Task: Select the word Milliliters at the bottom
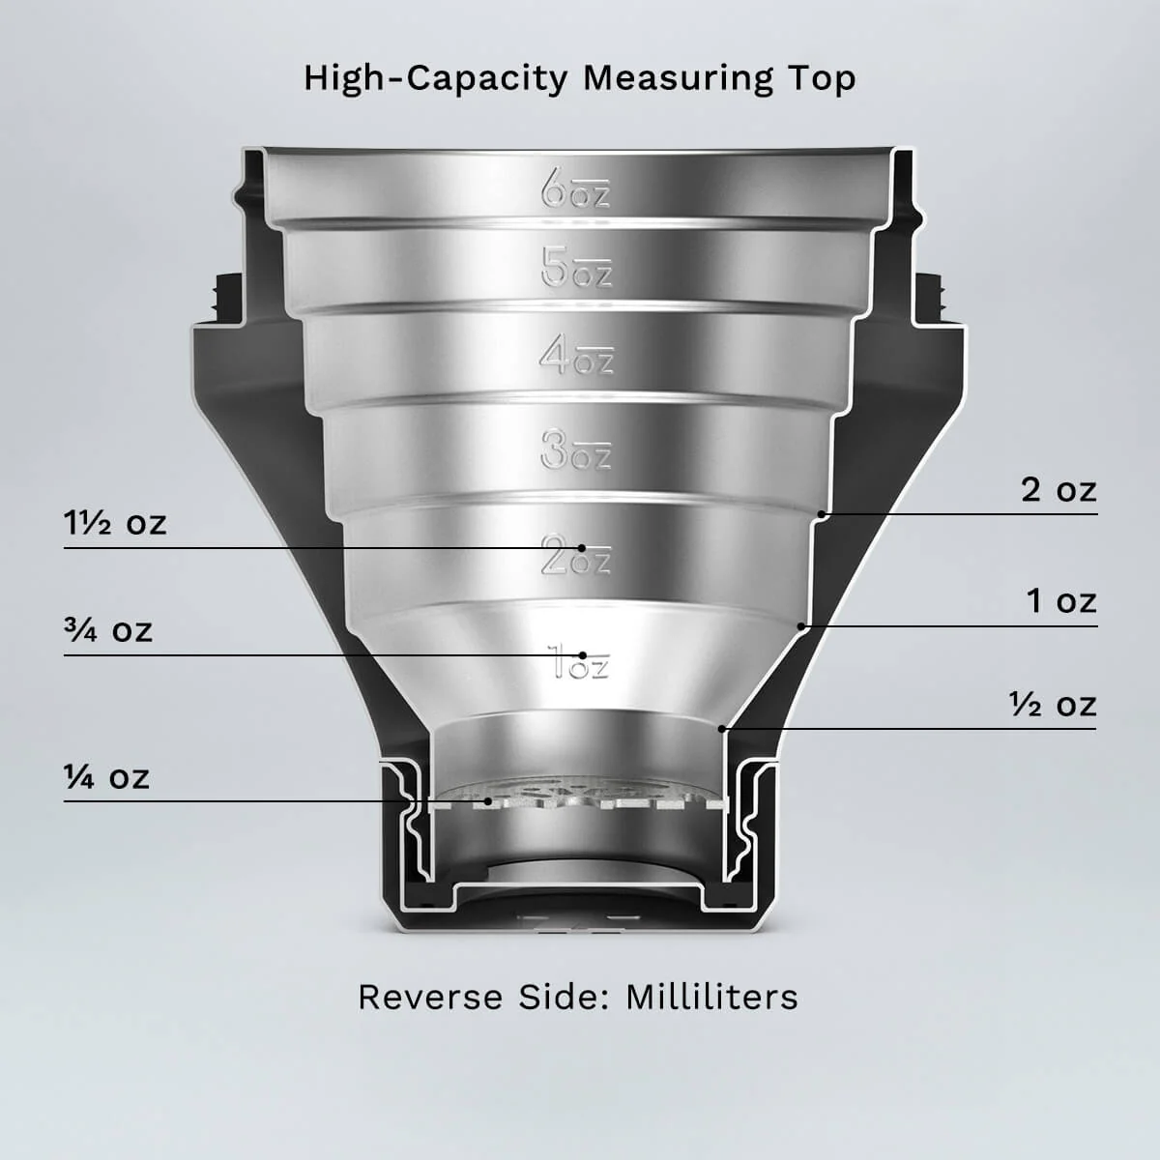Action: [x=711, y=997]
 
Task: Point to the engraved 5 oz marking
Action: [x=577, y=268]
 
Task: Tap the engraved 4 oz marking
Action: [x=577, y=358]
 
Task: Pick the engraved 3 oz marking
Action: [x=577, y=450]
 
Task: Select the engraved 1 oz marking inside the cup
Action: [x=579, y=664]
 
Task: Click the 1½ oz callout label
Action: [x=115, y=523]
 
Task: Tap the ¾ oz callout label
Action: [x=109, y=630]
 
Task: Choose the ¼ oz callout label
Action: [x=107, y=776]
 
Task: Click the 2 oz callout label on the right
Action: [x=1059, y=490]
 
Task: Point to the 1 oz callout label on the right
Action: [x=1061, y=601]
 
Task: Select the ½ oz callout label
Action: [x=1053, y=705]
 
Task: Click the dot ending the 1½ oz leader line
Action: [x=582, y=548]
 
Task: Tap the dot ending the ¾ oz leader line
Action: [x=583, y=655]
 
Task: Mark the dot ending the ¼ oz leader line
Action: [x=489, y=801]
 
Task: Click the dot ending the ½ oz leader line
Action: [x=722, y=727]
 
